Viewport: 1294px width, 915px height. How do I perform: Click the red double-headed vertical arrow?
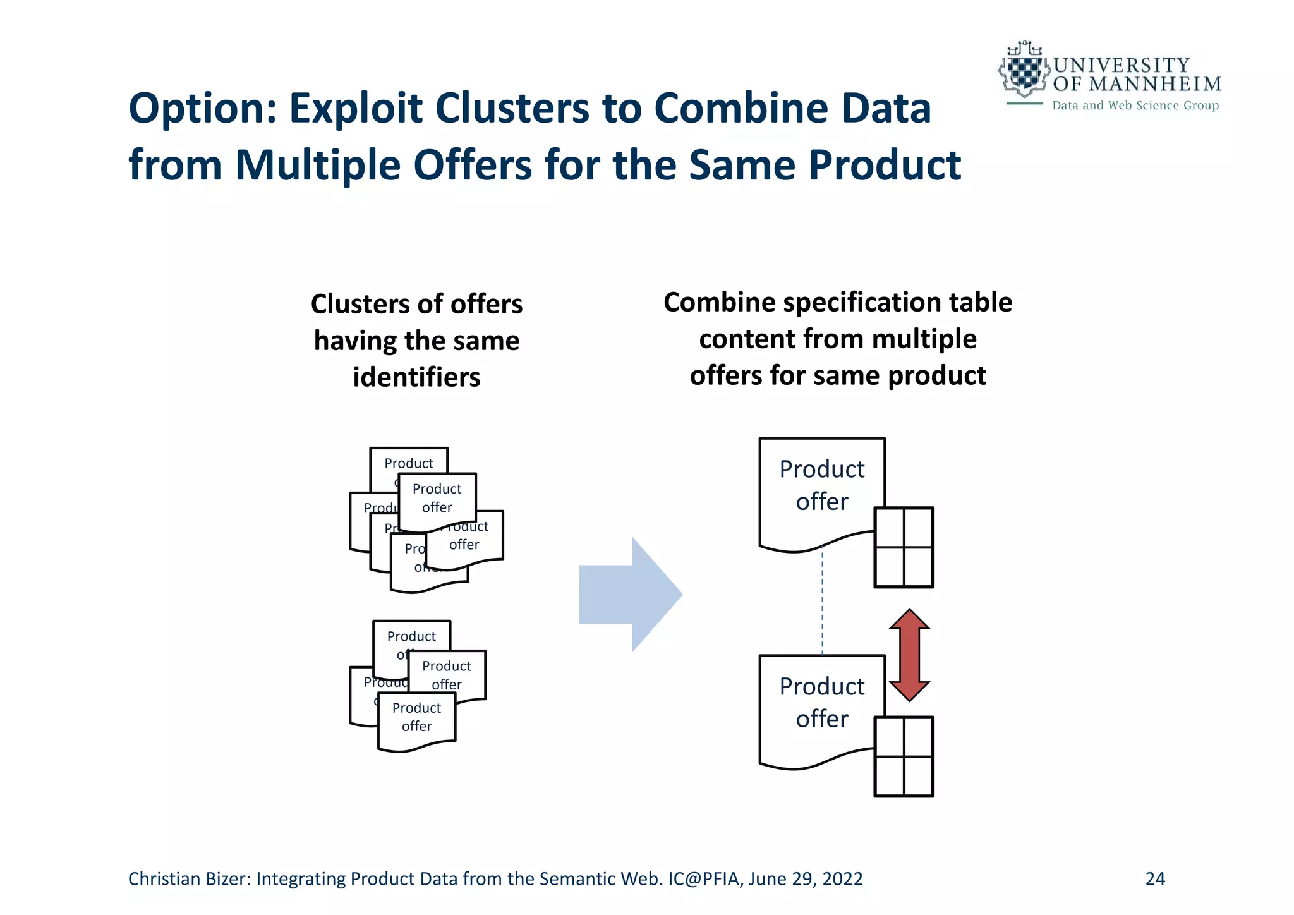coord(909,655)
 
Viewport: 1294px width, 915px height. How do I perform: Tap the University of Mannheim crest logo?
coord(1024,71)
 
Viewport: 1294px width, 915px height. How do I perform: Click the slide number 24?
coord(1155,879)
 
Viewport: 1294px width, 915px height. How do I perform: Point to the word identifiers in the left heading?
coord(416,377)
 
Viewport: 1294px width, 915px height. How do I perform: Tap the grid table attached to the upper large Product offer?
coord(904,547)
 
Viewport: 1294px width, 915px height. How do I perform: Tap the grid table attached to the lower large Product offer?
coord(904,756)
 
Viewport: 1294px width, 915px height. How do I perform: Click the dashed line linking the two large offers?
coord(822,603)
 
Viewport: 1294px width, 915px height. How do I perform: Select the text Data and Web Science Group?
coord(1135,106)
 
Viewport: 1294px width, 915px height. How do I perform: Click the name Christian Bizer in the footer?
coord(188,879)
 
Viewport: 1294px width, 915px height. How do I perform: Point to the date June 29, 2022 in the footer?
coord(806,879)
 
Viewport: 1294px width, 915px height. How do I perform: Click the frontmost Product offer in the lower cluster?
coord(416,718)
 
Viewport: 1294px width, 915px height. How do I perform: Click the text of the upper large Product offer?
coord(821,485)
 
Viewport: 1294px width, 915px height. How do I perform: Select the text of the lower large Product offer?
coord(821,702)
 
